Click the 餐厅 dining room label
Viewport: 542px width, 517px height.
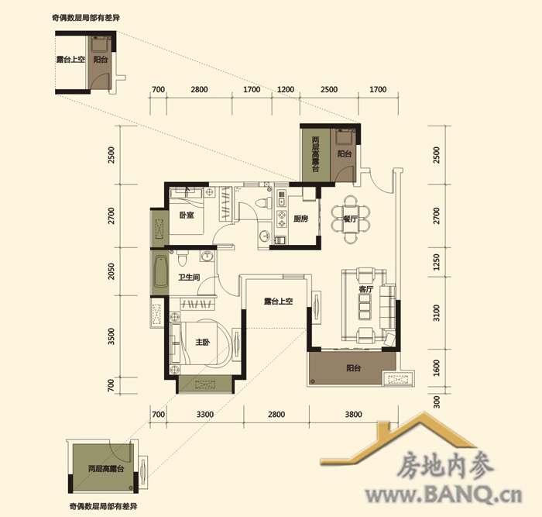350,219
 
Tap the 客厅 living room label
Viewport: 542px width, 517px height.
365,289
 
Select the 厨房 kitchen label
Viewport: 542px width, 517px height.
300,219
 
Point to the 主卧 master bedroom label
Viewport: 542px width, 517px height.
202,343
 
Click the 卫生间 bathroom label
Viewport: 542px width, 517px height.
189,277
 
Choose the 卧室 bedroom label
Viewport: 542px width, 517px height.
187,215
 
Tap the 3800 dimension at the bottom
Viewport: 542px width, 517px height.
353,414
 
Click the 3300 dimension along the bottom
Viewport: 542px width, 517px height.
205,414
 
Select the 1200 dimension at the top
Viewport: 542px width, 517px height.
286,90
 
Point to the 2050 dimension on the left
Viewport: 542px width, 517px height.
111,271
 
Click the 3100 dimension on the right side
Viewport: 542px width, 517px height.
437,313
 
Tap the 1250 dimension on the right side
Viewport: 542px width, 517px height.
437,262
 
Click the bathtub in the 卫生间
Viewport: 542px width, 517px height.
161,272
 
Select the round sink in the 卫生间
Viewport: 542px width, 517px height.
207,257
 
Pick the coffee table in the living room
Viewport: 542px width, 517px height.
365,307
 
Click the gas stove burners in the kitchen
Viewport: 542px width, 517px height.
282,219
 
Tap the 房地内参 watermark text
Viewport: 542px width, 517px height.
445,466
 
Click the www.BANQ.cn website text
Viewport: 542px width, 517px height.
444,495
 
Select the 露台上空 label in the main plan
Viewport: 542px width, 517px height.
278,302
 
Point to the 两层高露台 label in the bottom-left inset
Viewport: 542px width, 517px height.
106,469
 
